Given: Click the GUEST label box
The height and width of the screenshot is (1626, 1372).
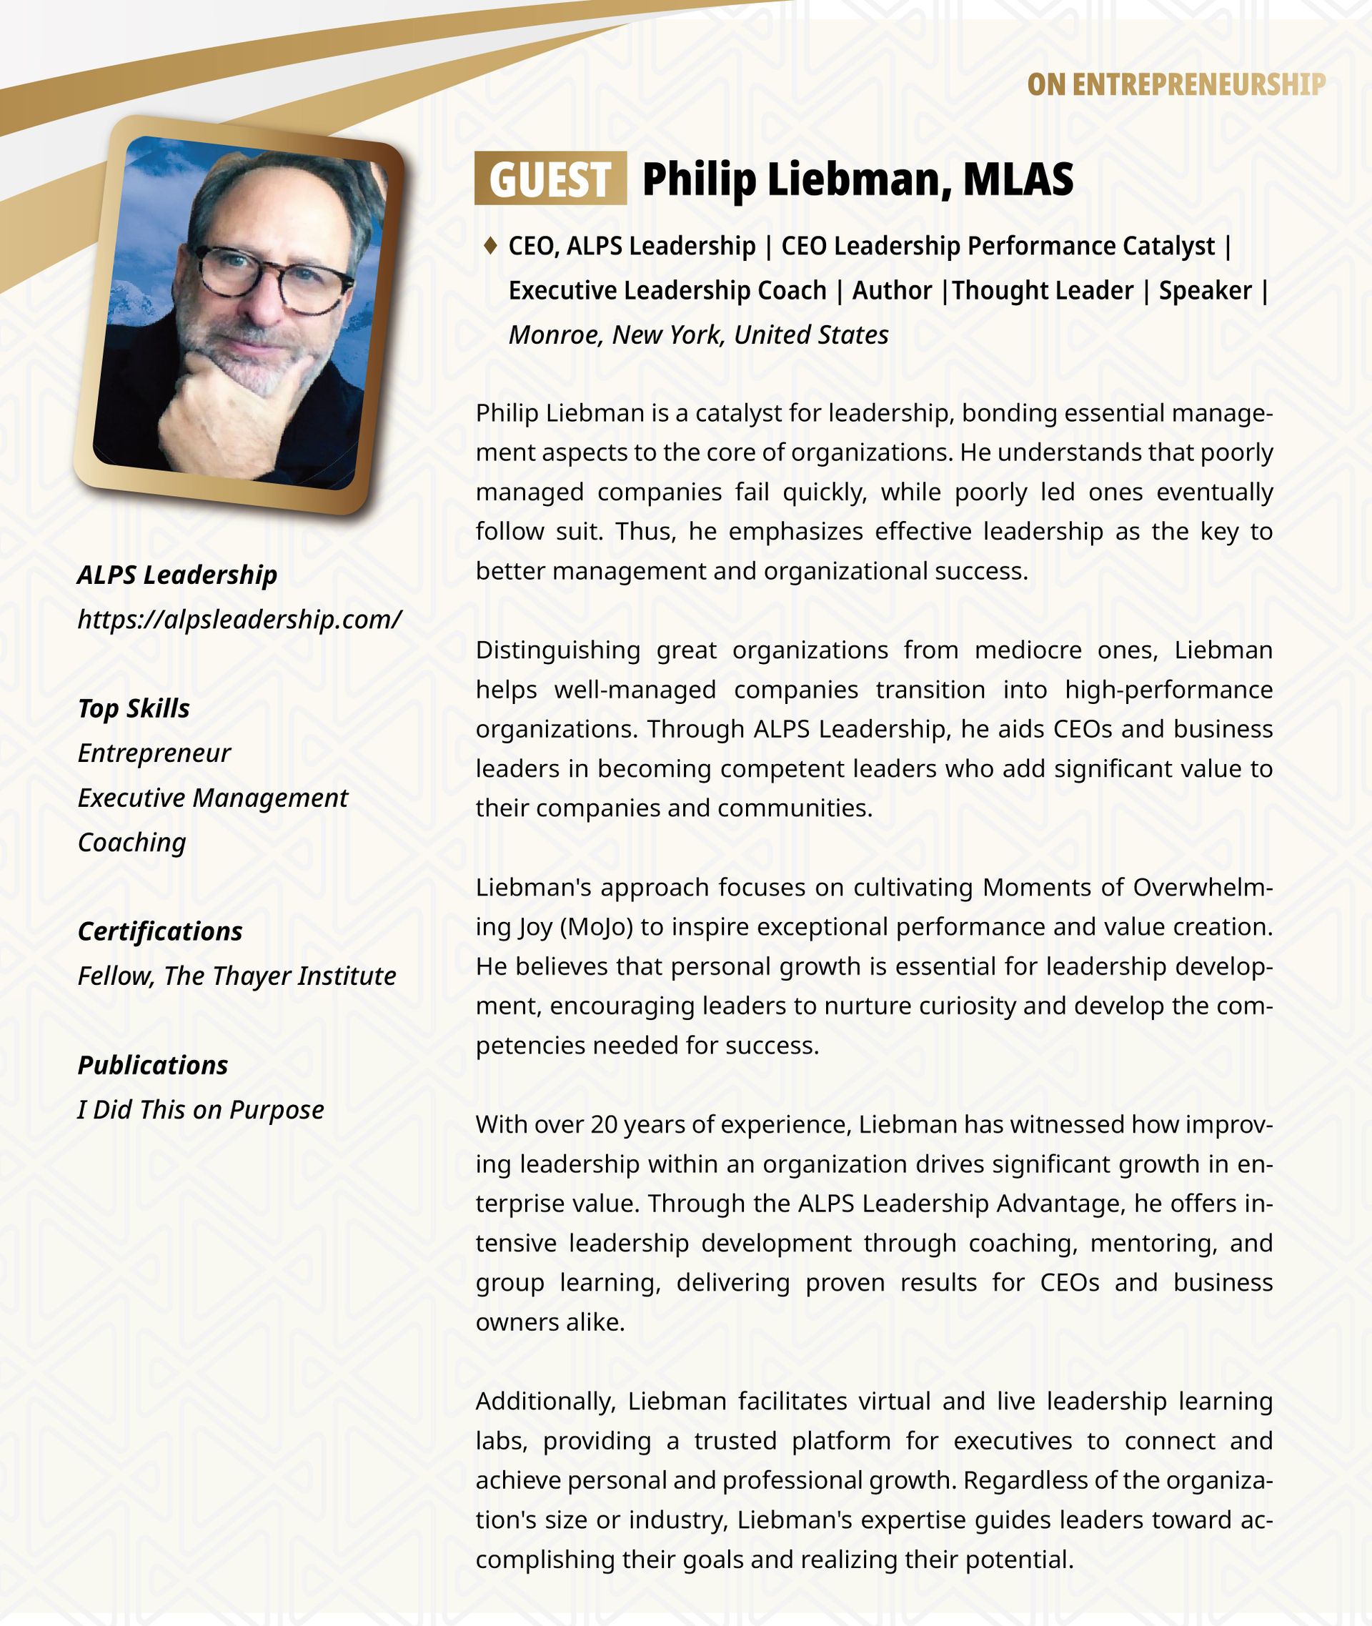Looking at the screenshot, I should coord(550,178).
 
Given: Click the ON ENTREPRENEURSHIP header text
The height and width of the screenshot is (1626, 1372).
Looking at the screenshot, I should coord(1175,85).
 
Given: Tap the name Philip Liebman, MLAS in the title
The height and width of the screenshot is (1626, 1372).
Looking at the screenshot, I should coord(857,179).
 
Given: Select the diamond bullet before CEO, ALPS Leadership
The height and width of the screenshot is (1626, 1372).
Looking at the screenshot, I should coord(490,246).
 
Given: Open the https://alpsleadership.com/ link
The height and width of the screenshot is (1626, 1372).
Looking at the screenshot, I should coord(239,619).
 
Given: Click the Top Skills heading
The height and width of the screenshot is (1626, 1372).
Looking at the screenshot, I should coord(134,708).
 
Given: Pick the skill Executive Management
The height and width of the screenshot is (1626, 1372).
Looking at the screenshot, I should coord(212,798).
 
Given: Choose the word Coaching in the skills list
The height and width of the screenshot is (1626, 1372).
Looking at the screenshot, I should coord(132,842).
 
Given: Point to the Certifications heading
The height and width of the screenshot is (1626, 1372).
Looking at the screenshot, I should coord(160,931).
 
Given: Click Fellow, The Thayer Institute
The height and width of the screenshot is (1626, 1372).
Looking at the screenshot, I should coord(237,976).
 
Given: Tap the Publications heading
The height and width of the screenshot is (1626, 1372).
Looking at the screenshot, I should coord(152,1064).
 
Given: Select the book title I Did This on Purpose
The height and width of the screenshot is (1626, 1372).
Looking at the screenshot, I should coord(201,1109).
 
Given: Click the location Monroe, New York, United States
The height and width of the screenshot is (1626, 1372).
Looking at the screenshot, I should coord(697,334).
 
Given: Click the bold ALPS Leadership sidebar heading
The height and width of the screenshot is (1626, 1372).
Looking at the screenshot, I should coord(177,575).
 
